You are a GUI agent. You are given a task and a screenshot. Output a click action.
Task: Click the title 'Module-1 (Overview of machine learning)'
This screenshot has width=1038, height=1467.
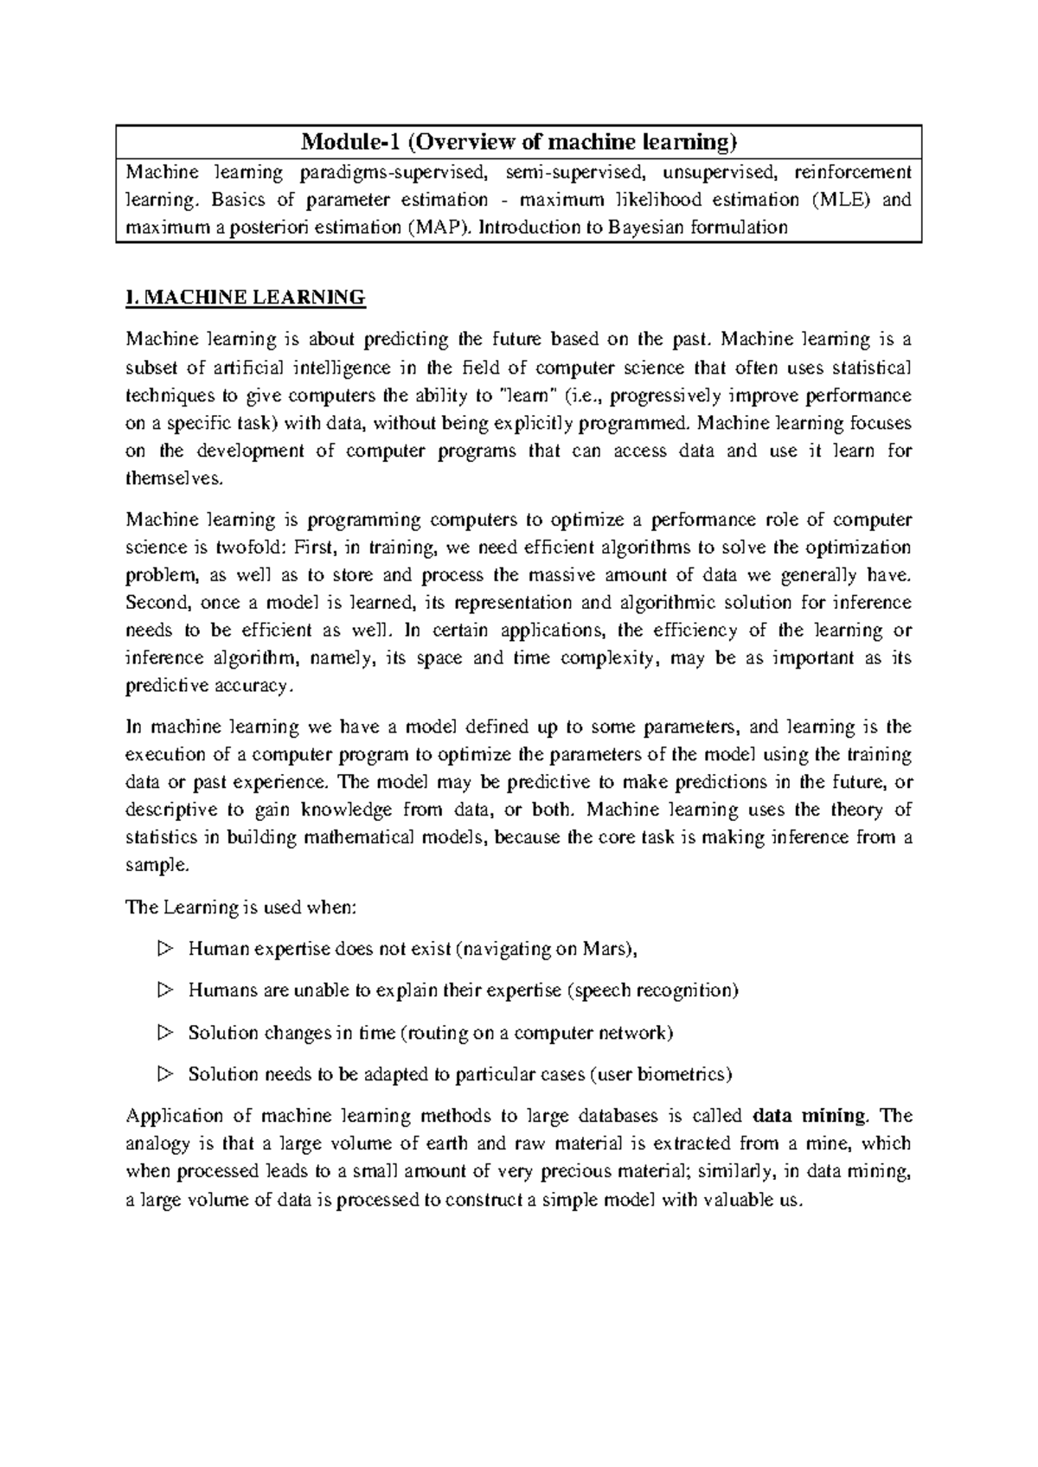click(x=518, y=142)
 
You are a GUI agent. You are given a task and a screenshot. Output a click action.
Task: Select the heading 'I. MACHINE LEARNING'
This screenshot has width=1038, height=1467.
click(x=246, y=298)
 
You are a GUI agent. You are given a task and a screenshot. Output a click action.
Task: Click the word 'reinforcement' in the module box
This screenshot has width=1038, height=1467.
click(x=853, y=173)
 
